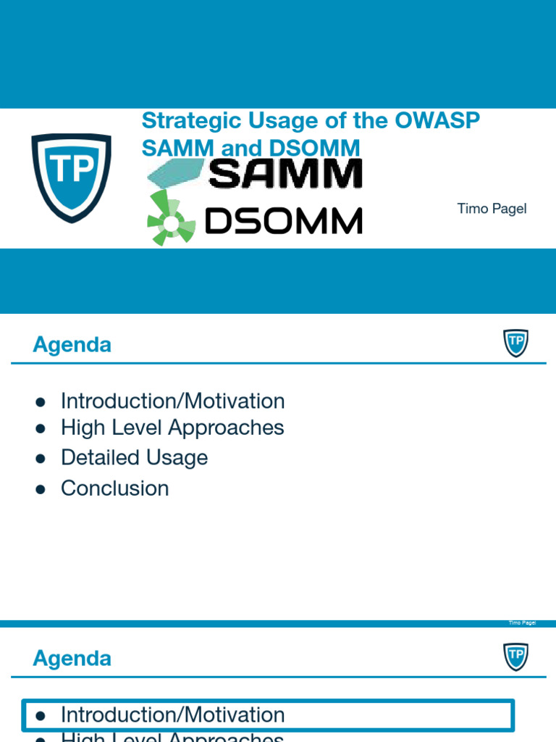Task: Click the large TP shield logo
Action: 71,177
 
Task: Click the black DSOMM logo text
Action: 283,220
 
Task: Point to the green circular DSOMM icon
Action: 171,220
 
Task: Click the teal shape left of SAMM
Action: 175,174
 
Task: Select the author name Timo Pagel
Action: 492,209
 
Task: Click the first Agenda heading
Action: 72,345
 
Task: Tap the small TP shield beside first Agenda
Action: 515,343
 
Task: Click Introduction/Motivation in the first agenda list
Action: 172,401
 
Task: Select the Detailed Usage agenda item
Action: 134,457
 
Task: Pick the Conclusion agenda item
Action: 114,488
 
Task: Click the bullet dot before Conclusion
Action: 41,489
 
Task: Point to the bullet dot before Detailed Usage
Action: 41,459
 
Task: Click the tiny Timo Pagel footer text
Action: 521,623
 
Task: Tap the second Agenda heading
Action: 72,659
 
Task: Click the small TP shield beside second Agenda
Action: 515,656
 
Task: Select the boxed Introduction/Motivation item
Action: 172,715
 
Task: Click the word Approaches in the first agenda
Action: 226,428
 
